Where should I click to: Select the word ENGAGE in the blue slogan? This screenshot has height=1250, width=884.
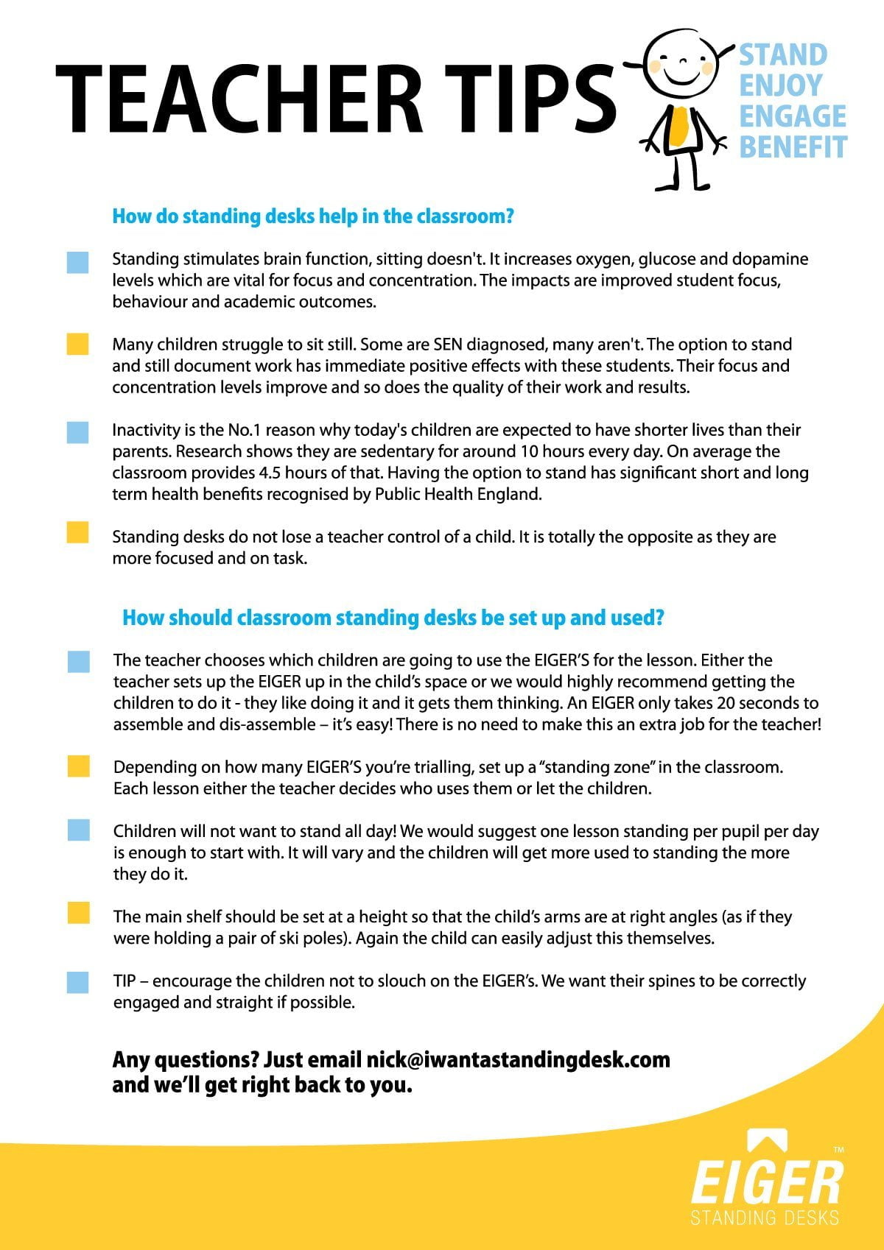click(793, 116)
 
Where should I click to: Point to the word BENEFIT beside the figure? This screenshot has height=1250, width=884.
click(793, 146)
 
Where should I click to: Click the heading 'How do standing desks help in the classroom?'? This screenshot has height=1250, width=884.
click(312, 216)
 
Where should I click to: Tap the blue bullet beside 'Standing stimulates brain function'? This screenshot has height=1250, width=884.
click(77, 262)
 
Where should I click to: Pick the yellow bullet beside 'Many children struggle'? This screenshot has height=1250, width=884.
click(77, 344)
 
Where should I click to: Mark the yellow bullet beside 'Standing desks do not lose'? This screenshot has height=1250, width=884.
click(77, 532)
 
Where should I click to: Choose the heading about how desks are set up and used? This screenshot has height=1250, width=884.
click(393, 618)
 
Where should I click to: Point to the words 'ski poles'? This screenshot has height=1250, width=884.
click(317, 939)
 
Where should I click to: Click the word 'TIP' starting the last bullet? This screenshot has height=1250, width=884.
click(125, 981)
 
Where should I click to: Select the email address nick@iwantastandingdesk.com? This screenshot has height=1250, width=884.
click(518, 1060)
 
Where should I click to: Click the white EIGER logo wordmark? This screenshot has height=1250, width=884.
click(766, 1182)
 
